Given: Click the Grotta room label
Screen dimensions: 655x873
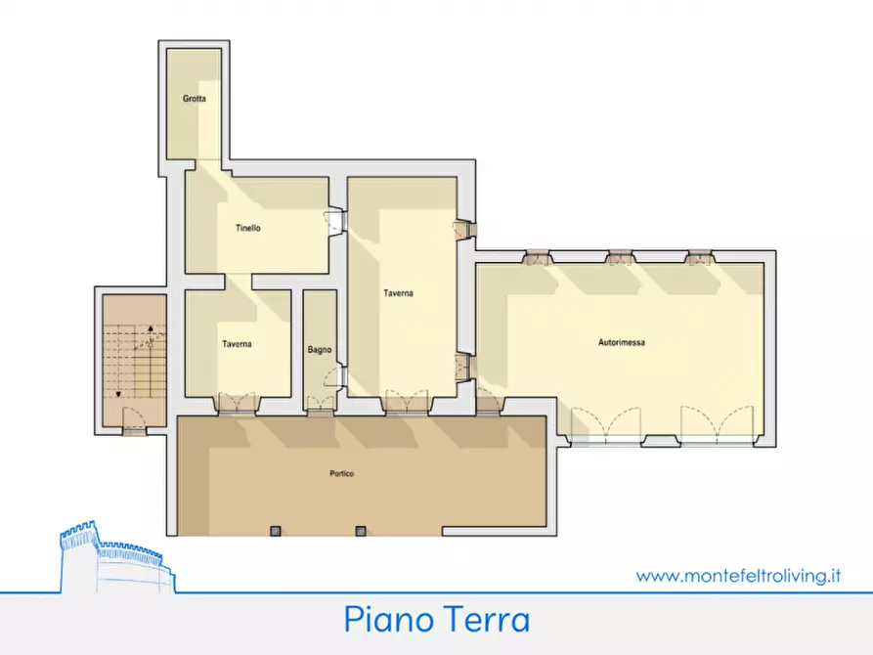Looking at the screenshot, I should coord(194,100).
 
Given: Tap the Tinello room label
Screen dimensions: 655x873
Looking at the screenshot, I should coord(247,229).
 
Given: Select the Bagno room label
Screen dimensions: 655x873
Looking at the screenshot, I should coord(320,349).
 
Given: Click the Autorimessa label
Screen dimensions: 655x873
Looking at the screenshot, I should coord(621,342).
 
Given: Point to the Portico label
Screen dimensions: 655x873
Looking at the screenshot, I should coord(341,474).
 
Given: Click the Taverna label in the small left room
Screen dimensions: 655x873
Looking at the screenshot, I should coord(237,344).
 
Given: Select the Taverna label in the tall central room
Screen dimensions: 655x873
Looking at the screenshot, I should coord(398,293).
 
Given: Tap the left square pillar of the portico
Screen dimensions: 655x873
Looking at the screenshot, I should coord(275,531).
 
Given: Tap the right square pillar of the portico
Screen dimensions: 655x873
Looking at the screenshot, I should coord(360,531).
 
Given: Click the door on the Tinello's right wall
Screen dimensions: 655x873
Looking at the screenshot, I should coord(335,222).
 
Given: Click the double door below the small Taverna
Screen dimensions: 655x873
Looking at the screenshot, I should coord(237,403).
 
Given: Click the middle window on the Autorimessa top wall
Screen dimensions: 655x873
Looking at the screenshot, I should coord(619,258).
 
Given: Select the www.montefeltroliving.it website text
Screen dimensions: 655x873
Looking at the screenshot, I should coord(738,577).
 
